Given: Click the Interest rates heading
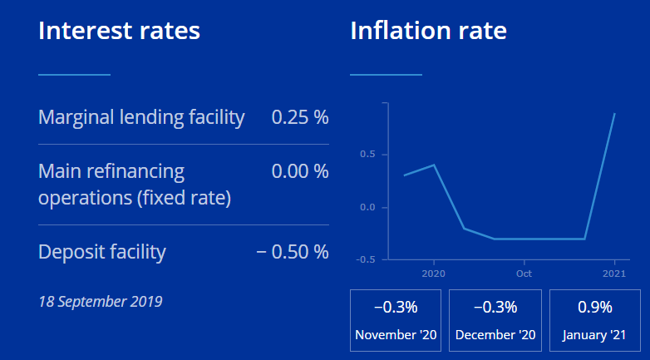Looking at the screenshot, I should coord(119,32).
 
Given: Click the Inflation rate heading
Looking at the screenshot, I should coord(428,32).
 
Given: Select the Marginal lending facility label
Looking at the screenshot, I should coord(141,117).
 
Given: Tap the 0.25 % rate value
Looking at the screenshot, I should coord(300,117).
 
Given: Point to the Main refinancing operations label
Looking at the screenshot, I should coord(135,185).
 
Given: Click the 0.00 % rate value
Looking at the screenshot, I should coord(300,172).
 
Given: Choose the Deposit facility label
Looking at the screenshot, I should coord(102,251).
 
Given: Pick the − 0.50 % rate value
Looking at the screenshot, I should coord(293,251).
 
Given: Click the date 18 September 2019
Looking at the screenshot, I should coord(101,300).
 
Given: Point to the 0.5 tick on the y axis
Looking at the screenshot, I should coord(367,154).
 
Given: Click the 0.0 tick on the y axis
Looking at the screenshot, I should coord(367,207).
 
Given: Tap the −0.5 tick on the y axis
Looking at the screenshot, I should coord(364,259).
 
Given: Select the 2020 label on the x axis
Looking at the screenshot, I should coord(434,273).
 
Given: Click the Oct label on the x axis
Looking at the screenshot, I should coord(524,273).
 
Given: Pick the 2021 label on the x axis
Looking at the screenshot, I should coord(614,273).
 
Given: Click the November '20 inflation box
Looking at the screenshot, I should coord(396,320).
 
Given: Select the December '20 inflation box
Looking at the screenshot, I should coord(495,320).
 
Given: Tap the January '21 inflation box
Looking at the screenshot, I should coord(594,320).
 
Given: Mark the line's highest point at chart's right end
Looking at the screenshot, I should coord(614,113).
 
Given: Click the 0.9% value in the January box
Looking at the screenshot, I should coord(594,308).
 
